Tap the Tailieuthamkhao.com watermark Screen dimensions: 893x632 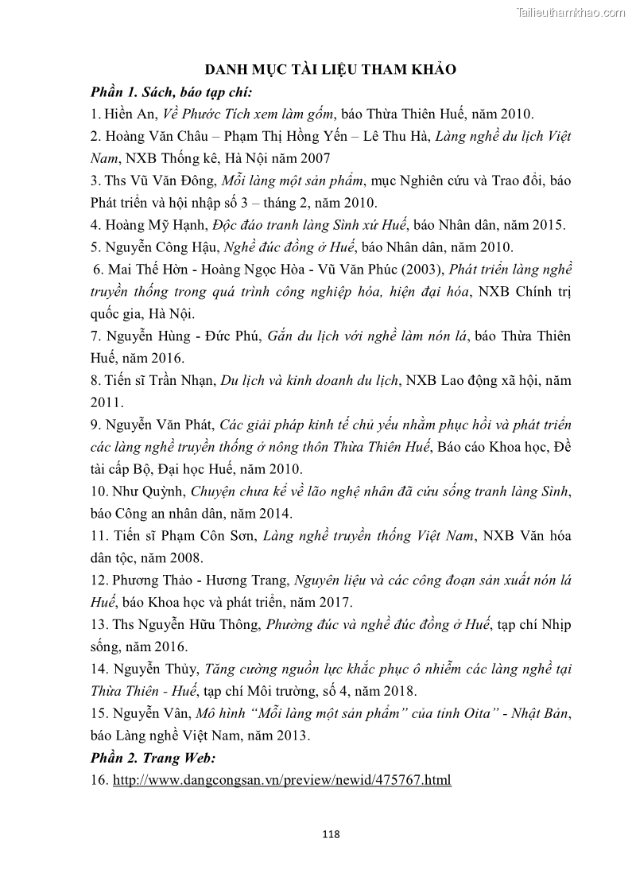click(571, 11)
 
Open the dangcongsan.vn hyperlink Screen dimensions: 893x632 click(282, 780)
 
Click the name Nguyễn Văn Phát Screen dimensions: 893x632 click(157, 425)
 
